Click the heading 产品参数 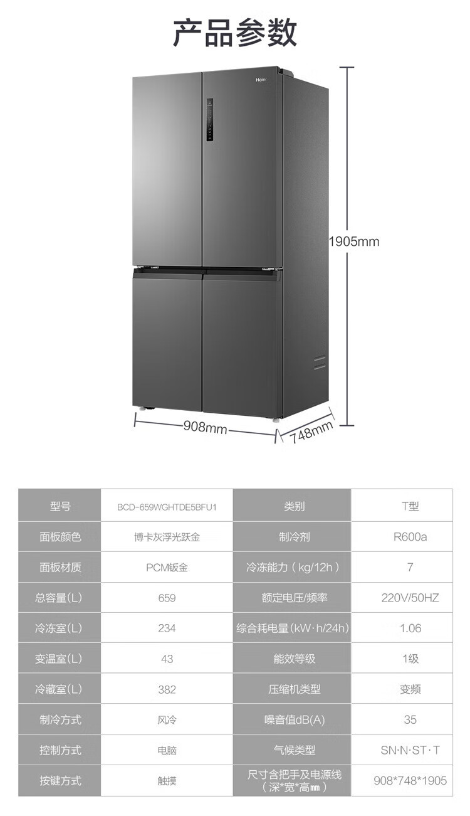pyautogui.click(x=235, y=33)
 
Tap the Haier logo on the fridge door pyautogui.click(x=261, y=80)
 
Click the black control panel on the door pyautogui.click(x=210, y=120)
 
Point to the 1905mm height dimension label pyautogui.click(x=354, y=241)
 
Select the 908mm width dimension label pyautogui.click(x=205, y=427)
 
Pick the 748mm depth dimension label pyautogui.click(x=311, y=432)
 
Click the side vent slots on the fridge pyautogui.click(x=320, y=363)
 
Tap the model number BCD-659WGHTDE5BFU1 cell pyautogui.click(x=167, y=507)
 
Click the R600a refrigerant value pyautogui.click(x=410, y=537)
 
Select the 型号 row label pyautogui.click(x=60, y=506)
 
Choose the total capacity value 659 pyautogui.click(x=167, y=598)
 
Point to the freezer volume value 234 pyautogui.click(x=167, y=628)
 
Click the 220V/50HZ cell pyautogui.click(x=410, y=598)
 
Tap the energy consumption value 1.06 pyautogui.click(x=410, y=628)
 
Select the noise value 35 pyautogui.click(x=410, y=719)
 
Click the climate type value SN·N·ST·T pyautogui.click(x=410, y=750)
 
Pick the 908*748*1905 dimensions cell pyautogui.click(x=410, y=780)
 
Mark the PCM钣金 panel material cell pyautogui.click(x=167, y=568)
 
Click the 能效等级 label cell pyautogui.click(x=294, y=659)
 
